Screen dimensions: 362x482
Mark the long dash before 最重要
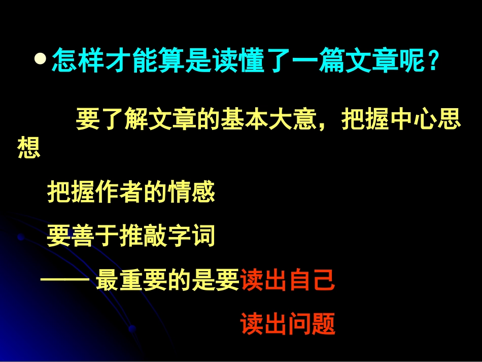pos(65,280)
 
